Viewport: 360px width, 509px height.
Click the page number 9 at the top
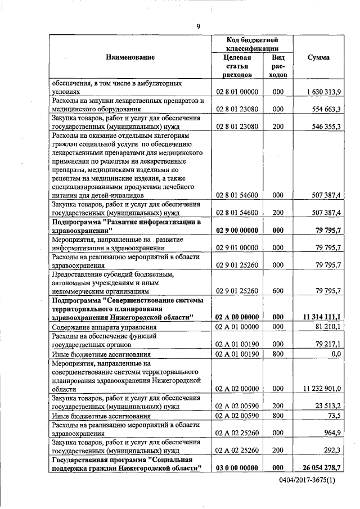[x=198, y=26]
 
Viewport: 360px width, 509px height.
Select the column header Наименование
[x=129, y=57]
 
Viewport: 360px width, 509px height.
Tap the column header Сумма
[x=319, y=57]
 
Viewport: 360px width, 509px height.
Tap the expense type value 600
[x=277, y=291]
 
